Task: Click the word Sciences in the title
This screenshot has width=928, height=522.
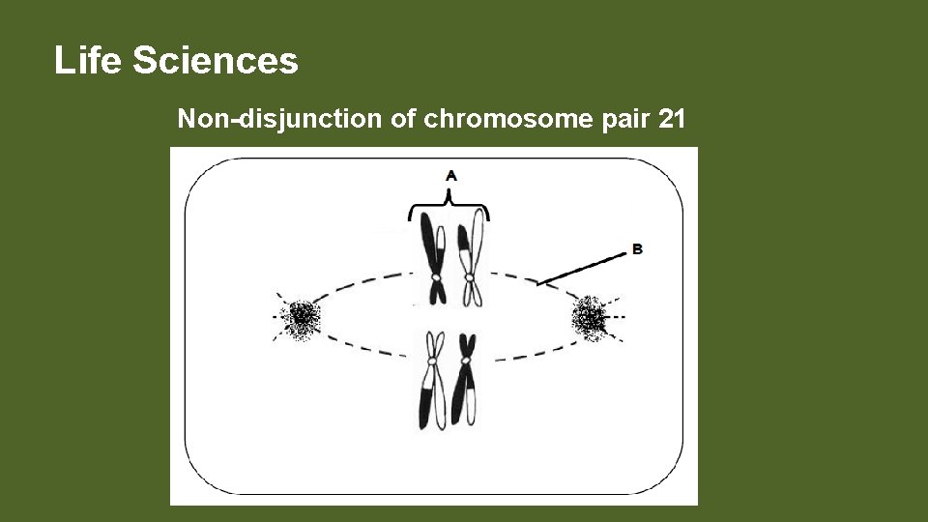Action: tap(216, 61)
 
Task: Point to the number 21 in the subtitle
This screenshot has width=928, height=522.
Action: tap(671, 120)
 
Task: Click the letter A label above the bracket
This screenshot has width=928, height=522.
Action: tap(450, 175)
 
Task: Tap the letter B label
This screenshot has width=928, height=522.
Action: tap(637, 248)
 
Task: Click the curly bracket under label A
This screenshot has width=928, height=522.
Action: tap(449, 207)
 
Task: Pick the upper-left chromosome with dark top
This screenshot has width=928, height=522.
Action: tap(432, 256)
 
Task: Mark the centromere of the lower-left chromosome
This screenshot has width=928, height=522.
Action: tap(431, 357)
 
